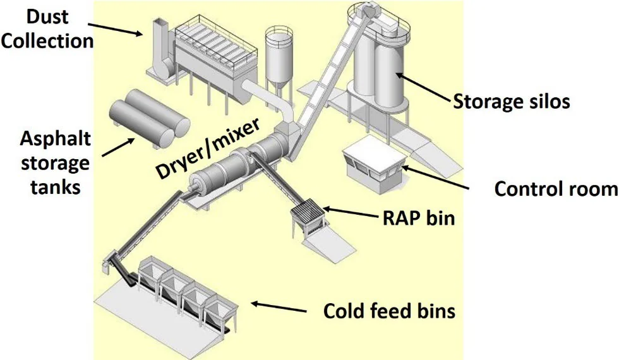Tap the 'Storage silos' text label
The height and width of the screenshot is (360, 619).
coord(512,101)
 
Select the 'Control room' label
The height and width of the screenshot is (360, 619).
coord(556,189)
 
